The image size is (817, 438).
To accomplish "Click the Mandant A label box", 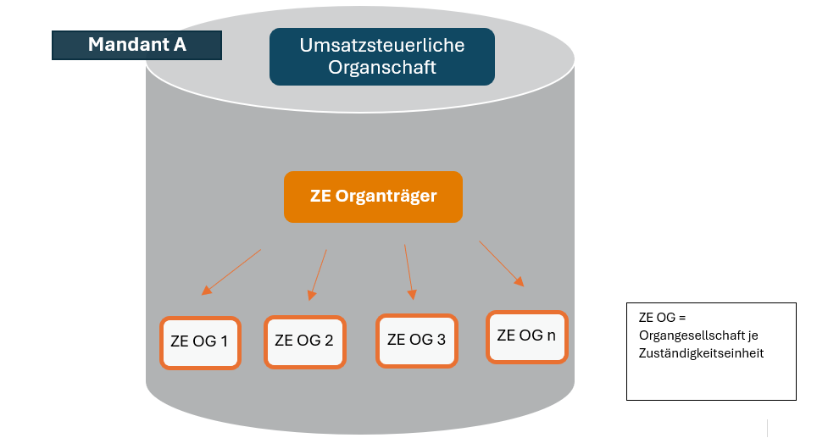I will (x=136, y=45).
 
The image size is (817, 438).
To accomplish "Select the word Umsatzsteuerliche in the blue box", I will (x=381, y=46).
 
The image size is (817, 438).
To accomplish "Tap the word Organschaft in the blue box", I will (x=381, y=68).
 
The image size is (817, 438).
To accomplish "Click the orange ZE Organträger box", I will (x=373, y=197).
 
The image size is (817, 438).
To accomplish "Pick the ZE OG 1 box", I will (x=200, y=342).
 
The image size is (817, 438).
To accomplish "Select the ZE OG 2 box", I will (x=304, y=341).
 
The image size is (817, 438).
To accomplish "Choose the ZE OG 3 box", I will (x=416, y=340).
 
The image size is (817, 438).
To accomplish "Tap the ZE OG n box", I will (x=526, y=335).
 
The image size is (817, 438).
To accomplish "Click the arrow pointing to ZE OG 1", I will (x=231, y=272).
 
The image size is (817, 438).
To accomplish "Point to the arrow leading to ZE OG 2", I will (x=318, y=274).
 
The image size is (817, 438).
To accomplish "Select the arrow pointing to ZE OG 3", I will (x=408, y=271).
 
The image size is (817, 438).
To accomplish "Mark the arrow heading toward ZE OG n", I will (x=501, y=263).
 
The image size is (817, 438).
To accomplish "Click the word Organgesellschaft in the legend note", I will (x=688, y=336).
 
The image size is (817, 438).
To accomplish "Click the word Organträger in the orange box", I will (x=386, y=197).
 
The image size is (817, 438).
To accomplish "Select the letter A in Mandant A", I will (x=180, y=45).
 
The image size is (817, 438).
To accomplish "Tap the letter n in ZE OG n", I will (x=551, y=335).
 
